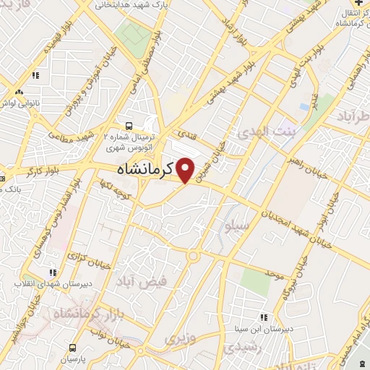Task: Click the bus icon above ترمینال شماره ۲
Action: click(x=129, y=124)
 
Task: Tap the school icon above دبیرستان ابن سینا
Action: click(x=265, y=317)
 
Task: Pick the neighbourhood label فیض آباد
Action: click(x=166, y=280)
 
